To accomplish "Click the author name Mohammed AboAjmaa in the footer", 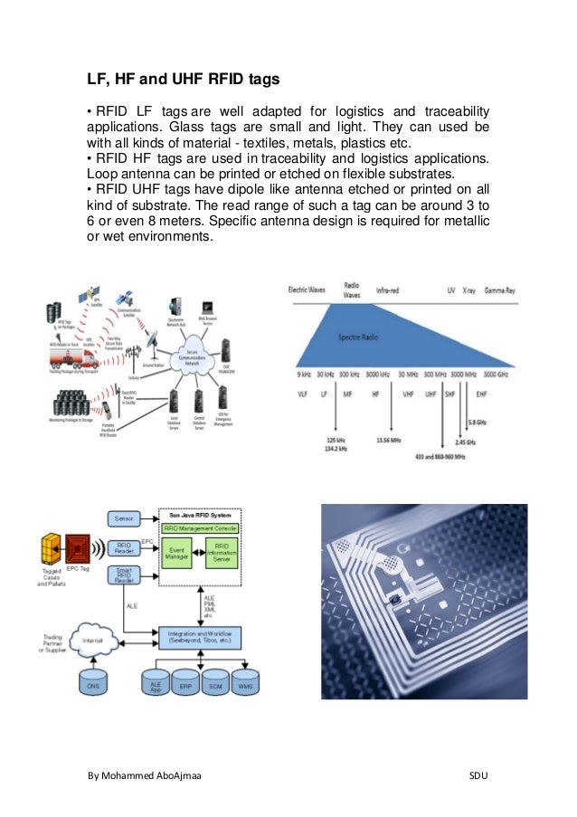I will click(145, 776).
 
